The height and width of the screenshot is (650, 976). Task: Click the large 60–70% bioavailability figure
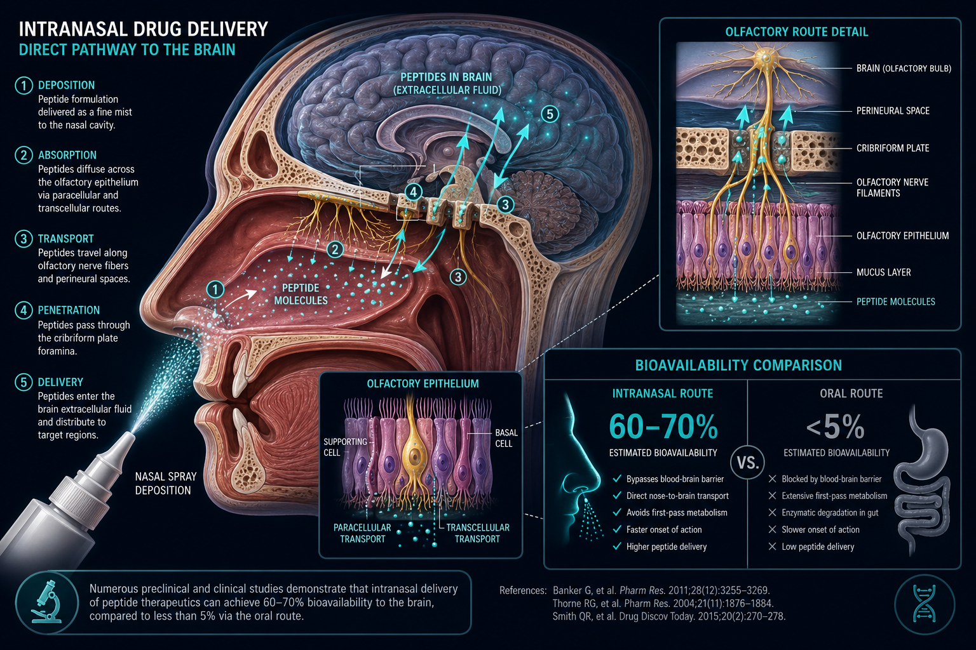click(663, 426)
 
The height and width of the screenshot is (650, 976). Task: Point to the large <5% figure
click(836, 426)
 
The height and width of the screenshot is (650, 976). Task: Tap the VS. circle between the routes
click(748, 462)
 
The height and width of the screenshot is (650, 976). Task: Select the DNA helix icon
click(924, 604)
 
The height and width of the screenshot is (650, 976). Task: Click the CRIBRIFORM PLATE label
click(893, 148)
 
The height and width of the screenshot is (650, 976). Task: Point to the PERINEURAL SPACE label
click(893, 111)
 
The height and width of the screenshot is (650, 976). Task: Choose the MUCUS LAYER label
click(884, 272)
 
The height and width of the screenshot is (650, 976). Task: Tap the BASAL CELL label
click(506, 438)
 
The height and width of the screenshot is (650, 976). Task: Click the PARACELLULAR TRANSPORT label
click(363, 533)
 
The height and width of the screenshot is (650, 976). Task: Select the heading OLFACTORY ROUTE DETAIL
click(796, 32)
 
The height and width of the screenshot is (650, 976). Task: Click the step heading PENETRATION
click(69, 310)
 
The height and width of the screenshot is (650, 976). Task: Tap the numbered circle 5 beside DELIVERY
click(24, 382)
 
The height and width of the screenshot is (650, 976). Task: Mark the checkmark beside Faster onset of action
click(616, 529)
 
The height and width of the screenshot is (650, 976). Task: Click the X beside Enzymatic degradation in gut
click(772, 512)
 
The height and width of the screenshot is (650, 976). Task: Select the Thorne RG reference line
click(663, 604)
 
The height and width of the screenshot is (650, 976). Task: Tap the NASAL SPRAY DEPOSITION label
click(166, 483)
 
